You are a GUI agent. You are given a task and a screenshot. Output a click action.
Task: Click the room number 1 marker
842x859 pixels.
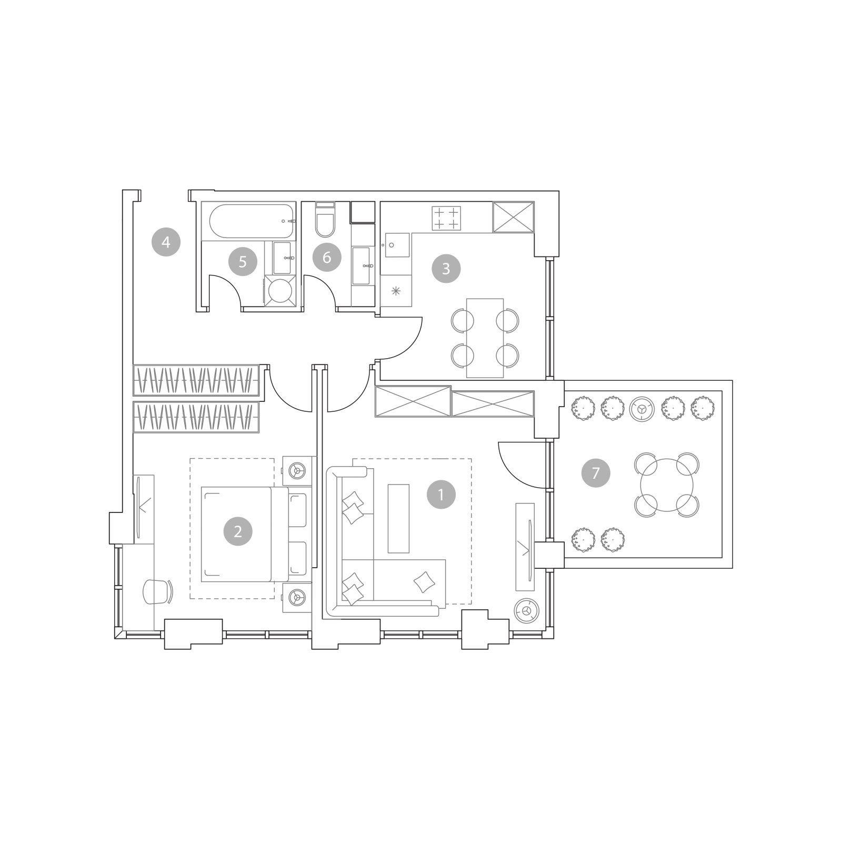tap(441, 495)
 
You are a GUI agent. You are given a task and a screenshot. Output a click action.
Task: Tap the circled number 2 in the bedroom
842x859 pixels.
tap(238, 531)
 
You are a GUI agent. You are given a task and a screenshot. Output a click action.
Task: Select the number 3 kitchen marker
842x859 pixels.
tap(446, 269)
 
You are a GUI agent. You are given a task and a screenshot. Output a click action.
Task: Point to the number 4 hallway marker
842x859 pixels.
tap(166, 242)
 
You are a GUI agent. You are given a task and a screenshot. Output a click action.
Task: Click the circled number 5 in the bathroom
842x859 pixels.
tap(243, 261)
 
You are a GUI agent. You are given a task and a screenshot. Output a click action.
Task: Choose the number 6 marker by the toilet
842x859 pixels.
tap(327, 258)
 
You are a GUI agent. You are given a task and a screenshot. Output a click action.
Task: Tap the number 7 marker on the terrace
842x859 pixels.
tap(596, 472)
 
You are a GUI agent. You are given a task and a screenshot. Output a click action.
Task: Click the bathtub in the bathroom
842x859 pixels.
tap(251, 221)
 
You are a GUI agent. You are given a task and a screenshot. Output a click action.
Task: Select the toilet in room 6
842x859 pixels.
tap(325, 220)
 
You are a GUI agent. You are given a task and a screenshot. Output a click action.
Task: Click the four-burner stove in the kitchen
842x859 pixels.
tap(446, 218)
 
